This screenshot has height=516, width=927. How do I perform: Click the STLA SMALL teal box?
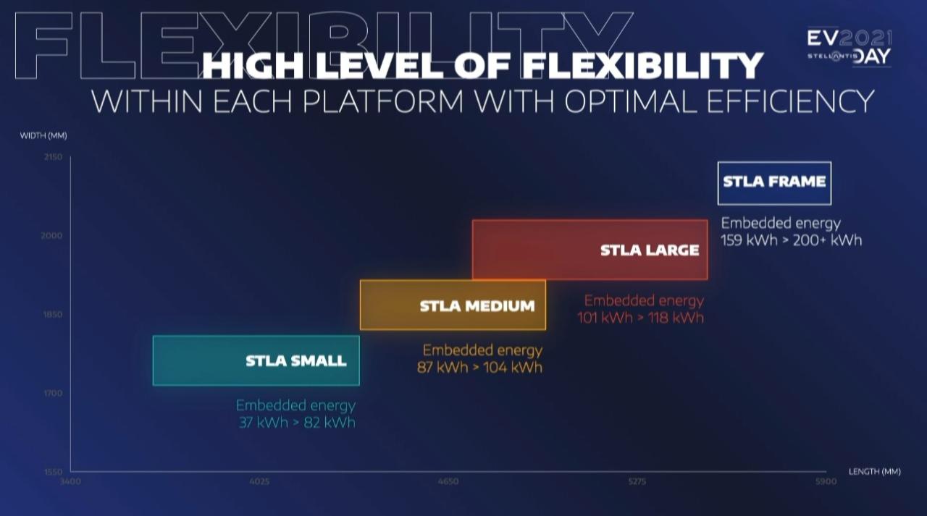(256, 360)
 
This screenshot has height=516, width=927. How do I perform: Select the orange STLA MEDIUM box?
(453, 305)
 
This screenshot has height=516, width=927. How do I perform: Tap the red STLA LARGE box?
(590, 250)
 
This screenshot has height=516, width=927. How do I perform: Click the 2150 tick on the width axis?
(54, 157)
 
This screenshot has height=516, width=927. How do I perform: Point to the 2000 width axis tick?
(51, 236)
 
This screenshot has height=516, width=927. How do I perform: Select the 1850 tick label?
(53, 314)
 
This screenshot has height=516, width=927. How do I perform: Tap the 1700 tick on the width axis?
(54, 393)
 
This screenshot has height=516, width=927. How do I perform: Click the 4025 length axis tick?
(259, 482)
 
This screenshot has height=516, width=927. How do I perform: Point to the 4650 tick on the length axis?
(448, 482)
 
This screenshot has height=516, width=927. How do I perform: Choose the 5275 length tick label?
(637, 482)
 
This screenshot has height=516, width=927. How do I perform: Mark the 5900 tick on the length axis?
(826, 482)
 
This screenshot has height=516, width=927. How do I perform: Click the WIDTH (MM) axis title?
(43, 135)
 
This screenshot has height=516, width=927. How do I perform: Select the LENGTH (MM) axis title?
(875, 472)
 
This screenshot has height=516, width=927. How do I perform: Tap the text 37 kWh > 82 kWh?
(297, 423)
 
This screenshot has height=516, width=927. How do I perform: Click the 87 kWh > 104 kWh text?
(479, 367)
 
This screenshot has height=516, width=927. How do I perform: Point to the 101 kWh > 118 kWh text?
(641, 318)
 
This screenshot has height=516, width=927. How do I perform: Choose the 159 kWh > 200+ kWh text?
(792, 240)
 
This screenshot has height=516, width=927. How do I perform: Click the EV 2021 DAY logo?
(849, 47)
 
